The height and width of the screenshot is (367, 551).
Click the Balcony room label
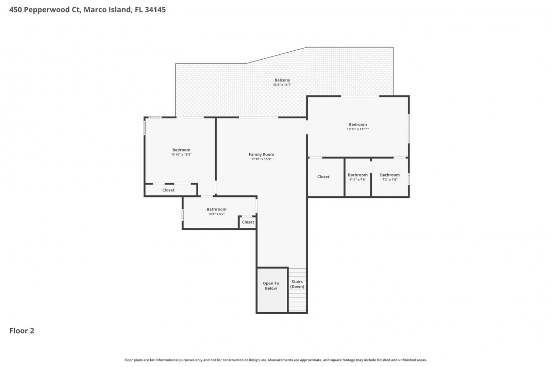click(x=282, y=80)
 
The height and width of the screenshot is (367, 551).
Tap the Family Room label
click(x=261, y=154)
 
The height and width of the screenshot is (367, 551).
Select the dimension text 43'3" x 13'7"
click(x=282, y=85)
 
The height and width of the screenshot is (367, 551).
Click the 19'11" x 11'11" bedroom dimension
click(x=358, y=129)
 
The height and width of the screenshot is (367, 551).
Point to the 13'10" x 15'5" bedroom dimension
click(x=181, y=155)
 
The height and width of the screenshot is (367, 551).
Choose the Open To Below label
click(x=271, y=286)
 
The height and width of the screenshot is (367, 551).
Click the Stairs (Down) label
click(x=297, y=284)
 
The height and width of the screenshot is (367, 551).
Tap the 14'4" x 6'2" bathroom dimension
click(x=216, y=214)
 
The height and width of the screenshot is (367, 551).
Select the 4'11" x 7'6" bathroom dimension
click(x=358, y=180)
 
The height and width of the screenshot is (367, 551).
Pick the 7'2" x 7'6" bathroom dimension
click(x=390, y=180)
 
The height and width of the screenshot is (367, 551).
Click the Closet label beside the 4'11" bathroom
click(x=323, y=177)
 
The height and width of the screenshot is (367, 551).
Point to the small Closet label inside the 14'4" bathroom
click(x=248, y=222)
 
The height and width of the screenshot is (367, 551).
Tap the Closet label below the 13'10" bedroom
click(x=168, y=190)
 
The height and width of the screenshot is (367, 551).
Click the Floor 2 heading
click(x=22, y=331)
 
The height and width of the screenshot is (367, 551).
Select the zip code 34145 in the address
click(x=155, y=10)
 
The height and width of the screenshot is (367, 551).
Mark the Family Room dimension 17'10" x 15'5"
click(x=261, y=159)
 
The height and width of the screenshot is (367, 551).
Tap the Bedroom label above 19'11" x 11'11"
click(x=358, y=125)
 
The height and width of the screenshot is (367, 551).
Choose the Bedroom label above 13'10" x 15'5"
click(x=181, y=150)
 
